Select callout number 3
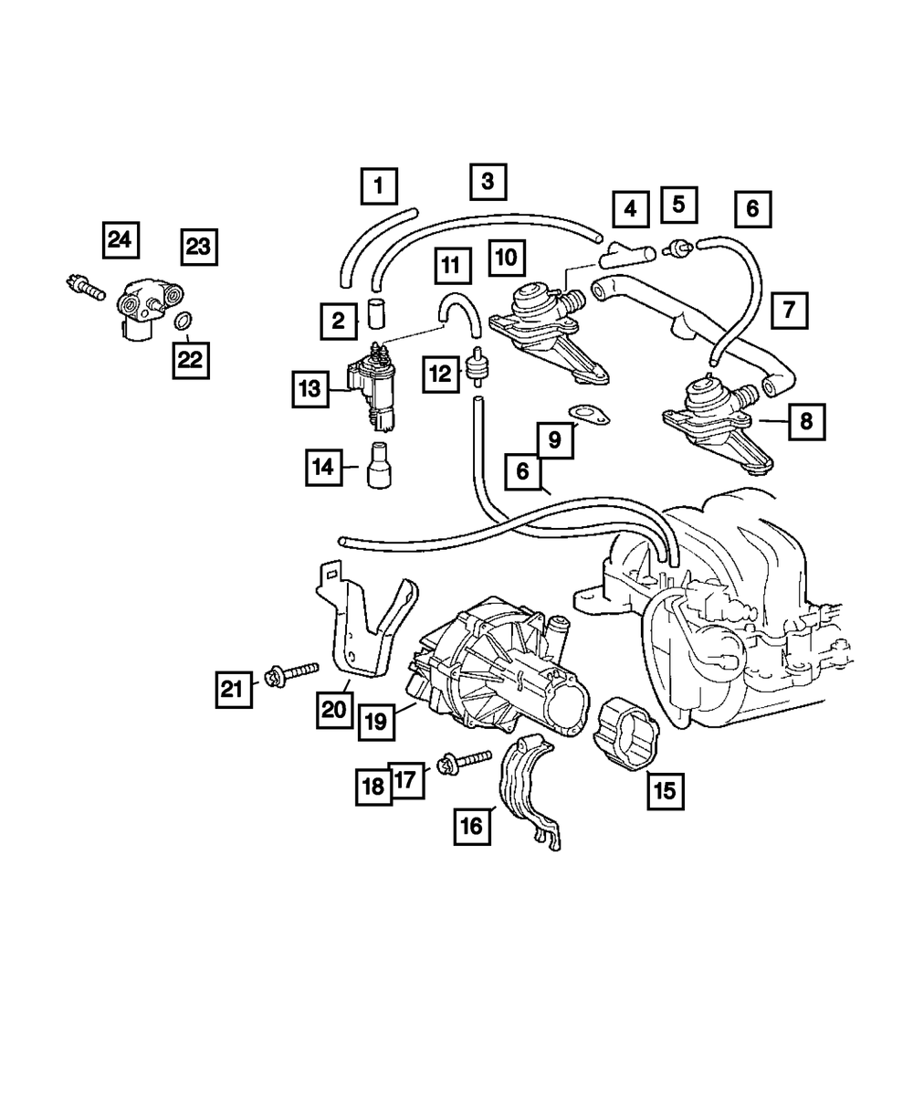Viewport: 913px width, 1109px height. [488, 181]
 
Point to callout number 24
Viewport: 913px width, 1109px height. [119, 240]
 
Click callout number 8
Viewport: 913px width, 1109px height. [805, 421]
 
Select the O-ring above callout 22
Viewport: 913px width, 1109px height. [183, 321]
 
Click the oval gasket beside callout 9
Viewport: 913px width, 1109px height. [590, 416]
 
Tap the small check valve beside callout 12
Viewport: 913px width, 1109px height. [475, 368]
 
